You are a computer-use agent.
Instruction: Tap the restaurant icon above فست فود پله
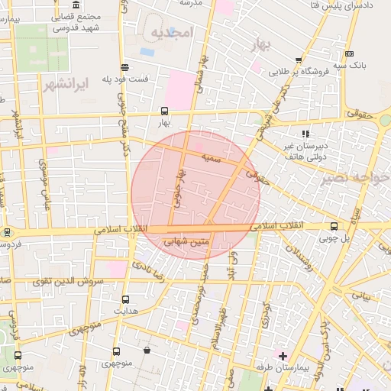click(124, 67)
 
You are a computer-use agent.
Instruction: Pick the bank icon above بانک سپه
click(349, 53)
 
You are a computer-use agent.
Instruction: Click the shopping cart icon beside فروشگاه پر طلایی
click(299, 60)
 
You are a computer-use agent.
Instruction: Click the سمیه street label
click(211, 157)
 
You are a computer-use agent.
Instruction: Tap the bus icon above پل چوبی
click(334, 226)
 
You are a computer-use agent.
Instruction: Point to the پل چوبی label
click(334, 238)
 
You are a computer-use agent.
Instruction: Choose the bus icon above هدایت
click(125, 299)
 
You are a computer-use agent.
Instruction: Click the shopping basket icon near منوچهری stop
click(146, 351)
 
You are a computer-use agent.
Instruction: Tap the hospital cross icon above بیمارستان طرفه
click(283, 356)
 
